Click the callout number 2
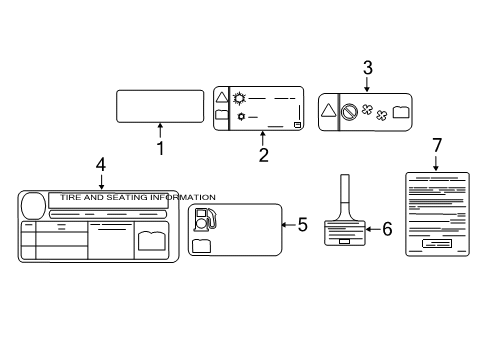[263, 155]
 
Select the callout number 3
[368, 69]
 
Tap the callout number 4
[100, 164]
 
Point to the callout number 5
[303, 225]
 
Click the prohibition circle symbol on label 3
[349, 113]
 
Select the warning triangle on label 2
[222, 97]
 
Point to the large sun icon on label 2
[239, 97]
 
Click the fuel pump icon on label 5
[203, 219]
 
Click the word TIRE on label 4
[72, 198]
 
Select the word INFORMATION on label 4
[179, 198]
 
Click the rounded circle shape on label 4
[33, 204]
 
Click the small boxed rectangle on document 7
[437, 244]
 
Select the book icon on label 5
[201, 245]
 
